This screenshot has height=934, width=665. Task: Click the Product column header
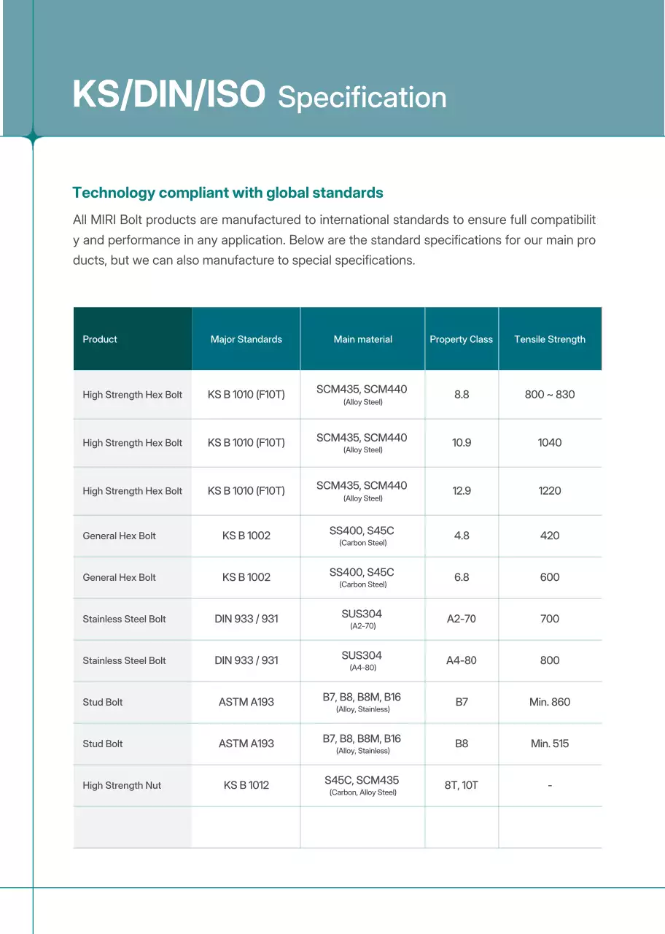pyautogui.click(x=100, y=339)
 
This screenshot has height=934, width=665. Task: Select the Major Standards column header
pyautogui.click(x=246, y=339)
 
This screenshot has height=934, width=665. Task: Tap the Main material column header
pyautogui.click(x=362, y=339)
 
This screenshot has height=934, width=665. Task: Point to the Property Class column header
pyautogui.click(x=461, y=339)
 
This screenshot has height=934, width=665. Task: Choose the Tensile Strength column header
pyautogui.click(x=550, y=339)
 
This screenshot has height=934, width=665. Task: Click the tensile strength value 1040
pyautogui.click(x=550, y=443)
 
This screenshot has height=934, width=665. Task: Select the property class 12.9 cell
pyautogui.click(x=462, y=491)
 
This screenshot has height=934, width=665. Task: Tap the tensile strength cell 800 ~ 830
pyautogui.click(x=550, y=395)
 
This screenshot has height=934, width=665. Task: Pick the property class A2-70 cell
pyautogui.click(x=462, y=619)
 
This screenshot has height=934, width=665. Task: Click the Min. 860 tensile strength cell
pyautogui.click(x=550, y=702)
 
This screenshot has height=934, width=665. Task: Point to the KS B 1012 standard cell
pyautogui.click(x=246, y=785)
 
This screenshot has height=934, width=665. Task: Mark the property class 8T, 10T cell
pyautogui.click(x=462, y=785)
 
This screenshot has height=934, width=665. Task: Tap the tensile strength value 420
pyautogui.click(x=550, y=536)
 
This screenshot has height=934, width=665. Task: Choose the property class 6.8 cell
pyautogui.click(x=462, y=577)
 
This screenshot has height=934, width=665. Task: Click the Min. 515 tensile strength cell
pyautogui.click(x=550, y=744)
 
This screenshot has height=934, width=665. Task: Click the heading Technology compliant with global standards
pyautogui.click(x=227, y=193)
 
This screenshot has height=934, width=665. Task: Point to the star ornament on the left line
pyautogui.click(x=33, y=136)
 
